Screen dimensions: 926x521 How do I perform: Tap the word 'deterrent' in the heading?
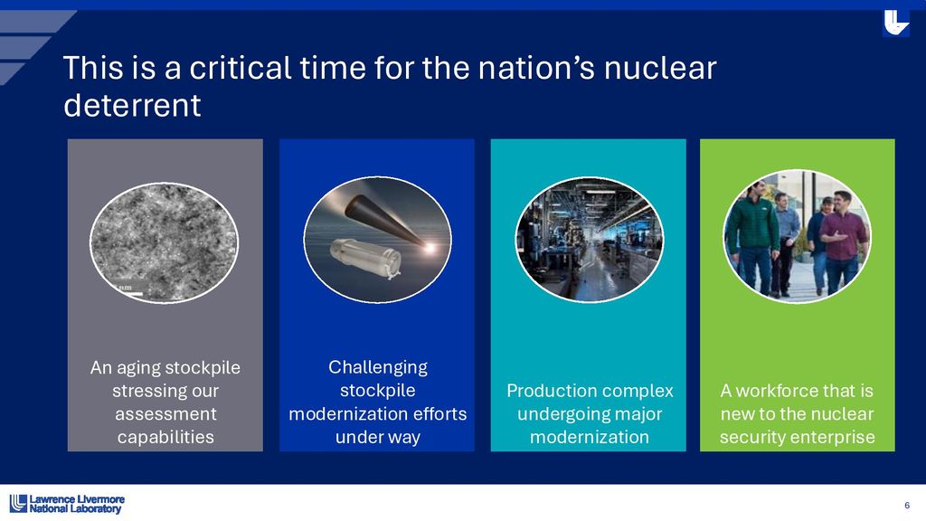point(132,106)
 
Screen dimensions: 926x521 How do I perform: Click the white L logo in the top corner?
point(895,24)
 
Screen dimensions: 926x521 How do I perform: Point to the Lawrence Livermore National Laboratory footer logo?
point(67,503)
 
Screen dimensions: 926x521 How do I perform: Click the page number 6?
point(907,505)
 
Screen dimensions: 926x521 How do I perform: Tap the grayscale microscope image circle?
point(165,242)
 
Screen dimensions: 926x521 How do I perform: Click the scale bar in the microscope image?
point(129,293)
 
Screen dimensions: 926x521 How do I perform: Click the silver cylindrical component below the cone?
point(366,258)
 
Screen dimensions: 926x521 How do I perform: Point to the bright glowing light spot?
point(430,247)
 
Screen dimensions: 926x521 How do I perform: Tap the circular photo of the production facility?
point(589,239)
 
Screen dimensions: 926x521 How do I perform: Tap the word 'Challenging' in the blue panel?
point(378,367)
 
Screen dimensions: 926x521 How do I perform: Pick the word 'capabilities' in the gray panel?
point(165,438)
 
